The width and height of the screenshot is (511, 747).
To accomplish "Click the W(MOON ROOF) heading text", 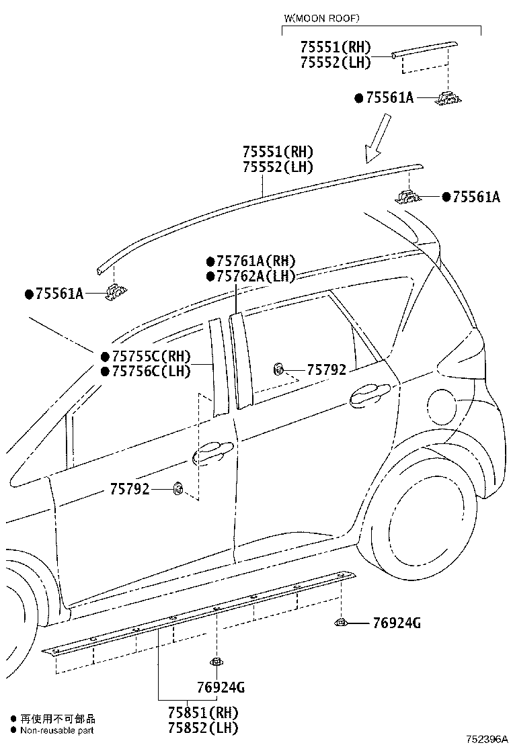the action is (x=321, y=19).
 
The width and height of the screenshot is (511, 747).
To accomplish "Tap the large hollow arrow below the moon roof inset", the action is (x=379, y=138).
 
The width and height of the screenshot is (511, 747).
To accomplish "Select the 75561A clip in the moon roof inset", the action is (x=448, y=97).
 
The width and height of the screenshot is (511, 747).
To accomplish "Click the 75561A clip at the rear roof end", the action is (x=408, y=195).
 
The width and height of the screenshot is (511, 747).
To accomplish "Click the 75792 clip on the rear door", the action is (x=278, y=368).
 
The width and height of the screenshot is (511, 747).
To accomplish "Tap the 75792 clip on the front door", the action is (x=178, y=488).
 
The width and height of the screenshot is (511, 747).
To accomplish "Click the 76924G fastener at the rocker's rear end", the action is (x=342, y=621).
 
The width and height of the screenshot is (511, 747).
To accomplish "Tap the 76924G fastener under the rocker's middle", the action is (x=217, y=661).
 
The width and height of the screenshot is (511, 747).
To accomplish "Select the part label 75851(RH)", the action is (x=203, y=713).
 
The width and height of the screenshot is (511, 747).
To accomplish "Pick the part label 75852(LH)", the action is (x=203, y=728).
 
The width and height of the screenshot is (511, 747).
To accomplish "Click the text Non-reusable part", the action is (x=57, y=730).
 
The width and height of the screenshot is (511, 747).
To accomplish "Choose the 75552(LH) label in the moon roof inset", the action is (x=336, y=62).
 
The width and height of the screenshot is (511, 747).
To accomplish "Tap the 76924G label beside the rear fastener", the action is (x=397, y=623).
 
